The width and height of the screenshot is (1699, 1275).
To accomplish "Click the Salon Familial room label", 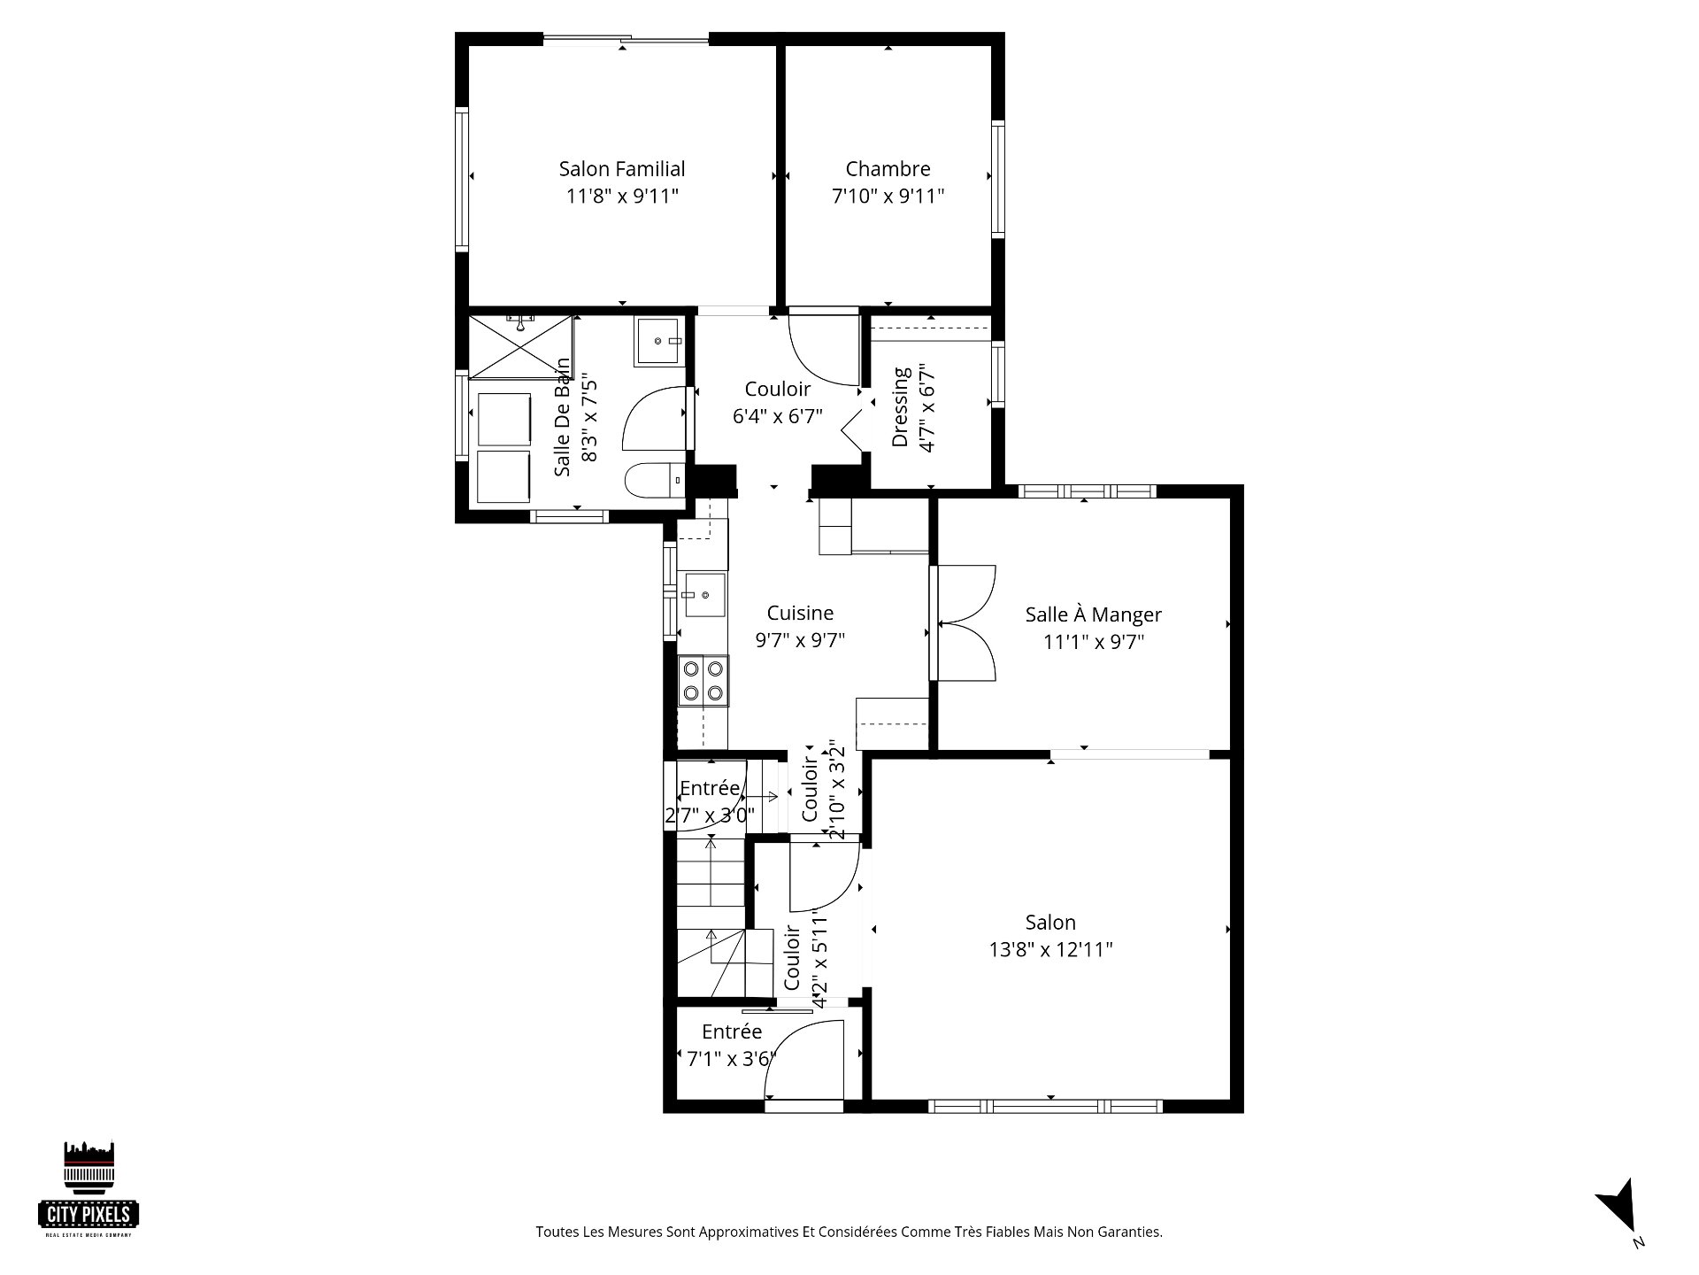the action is pyautogui.click(x=622, y=168).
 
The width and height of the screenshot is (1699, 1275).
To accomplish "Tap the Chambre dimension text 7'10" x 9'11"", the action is pyautogui.click(x=888, y=196).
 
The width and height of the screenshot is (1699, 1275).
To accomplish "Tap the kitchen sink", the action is pyautogui.click(x=703, y=593).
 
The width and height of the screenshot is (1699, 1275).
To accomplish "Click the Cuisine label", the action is pyautogui.click(x=800, y=613).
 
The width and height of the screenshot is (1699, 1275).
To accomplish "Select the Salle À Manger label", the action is pyautogui.click(x=1094, y=614).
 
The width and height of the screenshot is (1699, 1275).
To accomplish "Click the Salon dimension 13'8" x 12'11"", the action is pyautogui.click(x=1050, y=949).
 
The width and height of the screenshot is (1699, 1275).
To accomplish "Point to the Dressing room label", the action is pyautogui.click(x=900, y=406).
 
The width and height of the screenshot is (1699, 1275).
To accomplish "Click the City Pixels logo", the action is pyautogui.click(x=89, y=1189).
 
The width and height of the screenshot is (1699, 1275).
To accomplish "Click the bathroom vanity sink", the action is pyautogui.click(x=660, y=341).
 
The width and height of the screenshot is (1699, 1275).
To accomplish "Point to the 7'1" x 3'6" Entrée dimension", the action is pyautogui.click(x=732, y=1058).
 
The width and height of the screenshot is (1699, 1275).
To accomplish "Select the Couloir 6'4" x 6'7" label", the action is pyautogui.click(x=778, y=402).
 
